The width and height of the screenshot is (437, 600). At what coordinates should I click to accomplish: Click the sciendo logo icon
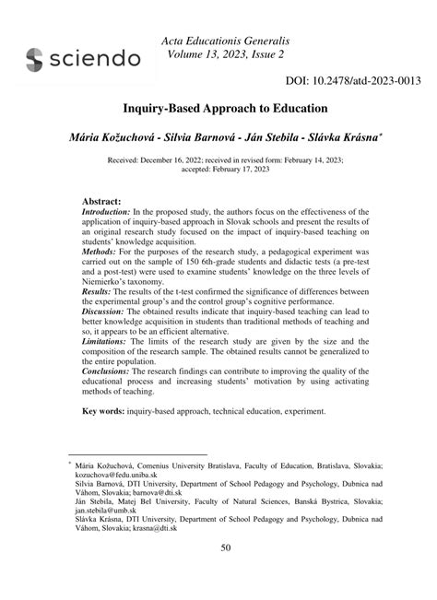(x=35, y=60)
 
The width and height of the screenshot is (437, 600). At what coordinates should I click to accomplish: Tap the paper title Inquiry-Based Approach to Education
(x=218, y=108)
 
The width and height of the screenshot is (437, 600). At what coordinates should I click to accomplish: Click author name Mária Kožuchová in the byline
(x=97, y=135)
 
